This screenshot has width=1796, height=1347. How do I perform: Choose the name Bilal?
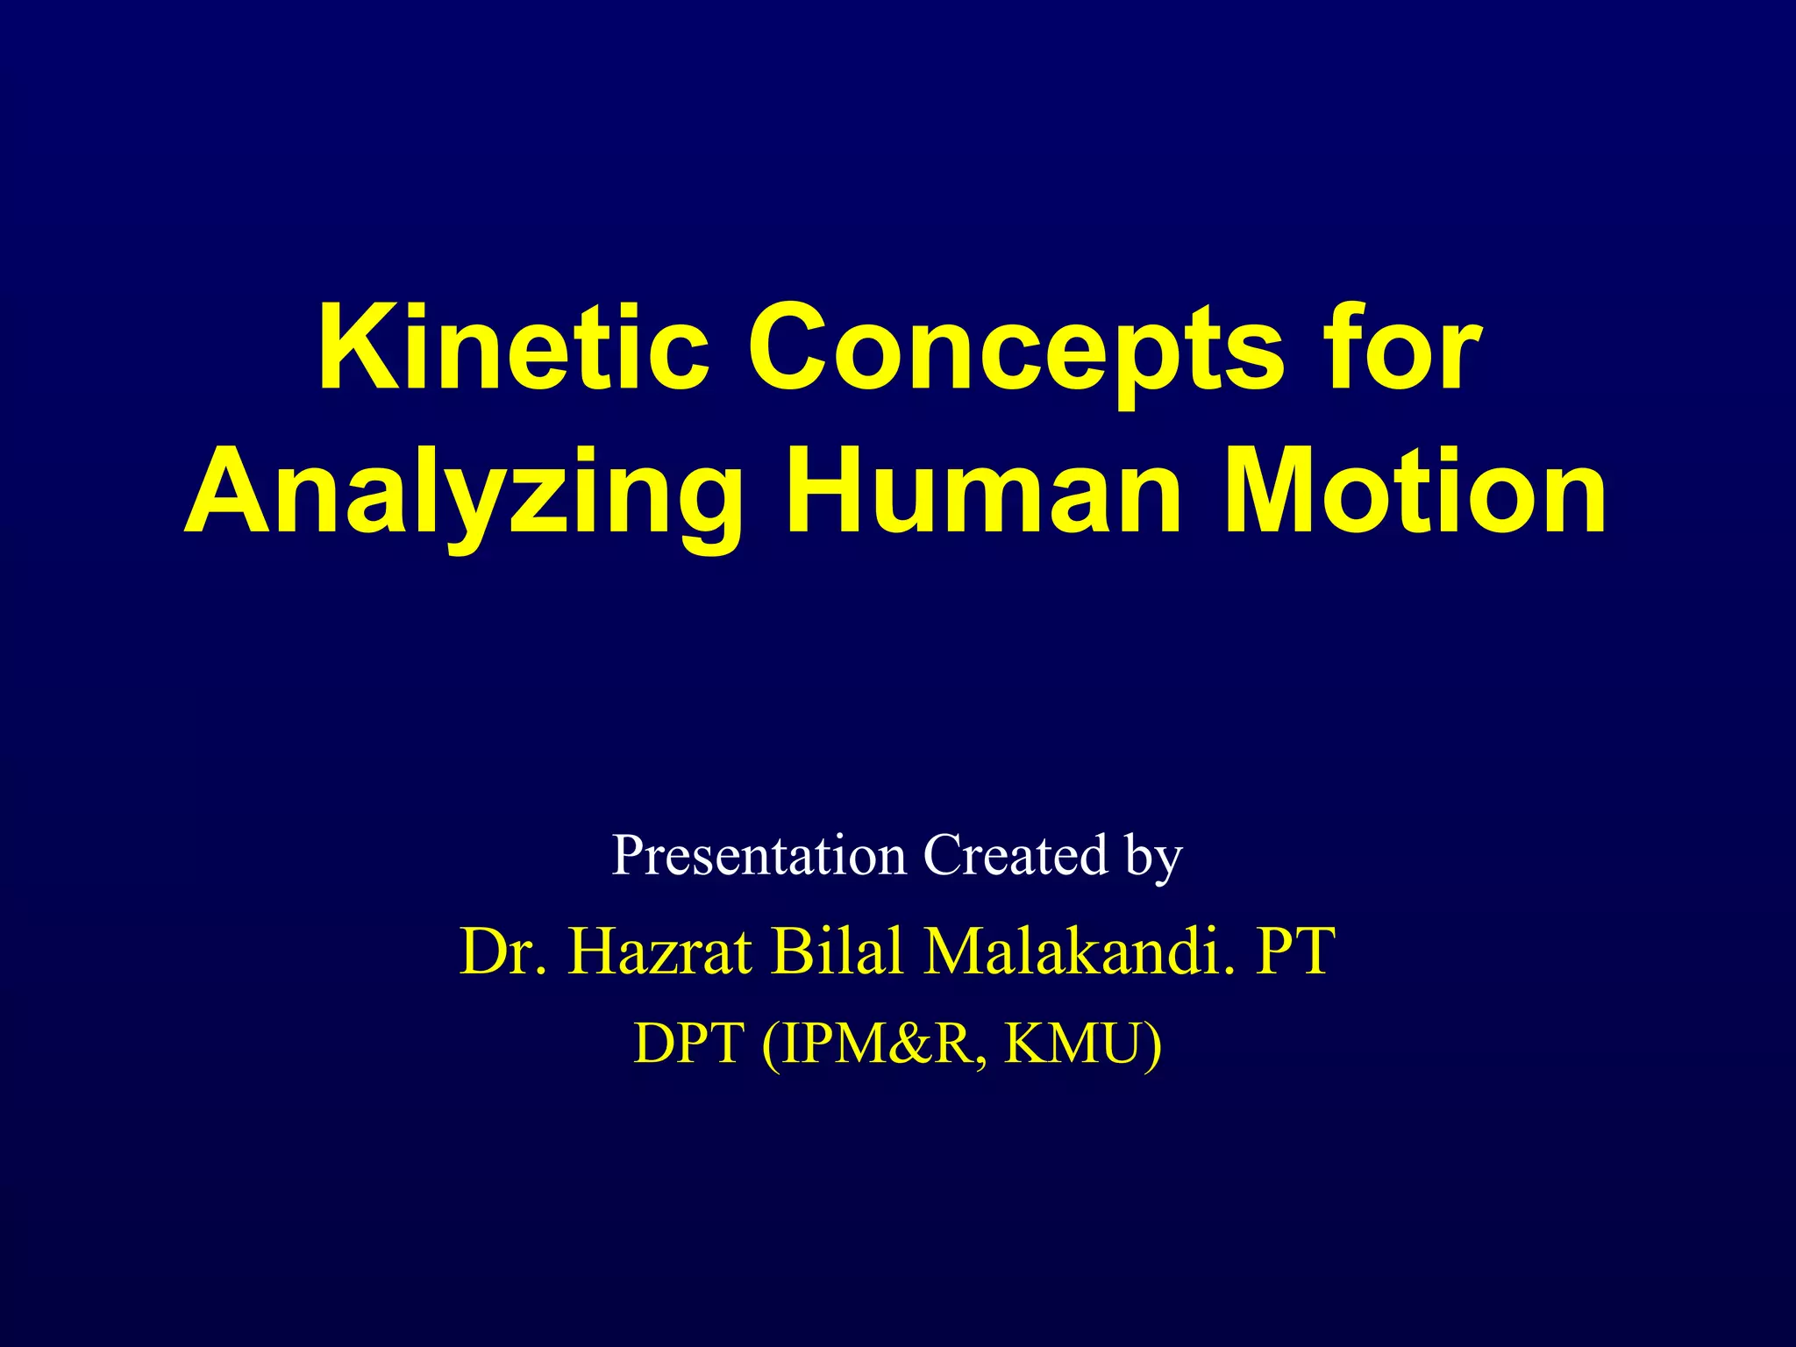point(837,951)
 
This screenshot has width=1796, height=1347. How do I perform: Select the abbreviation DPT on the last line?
point(688,1044)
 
